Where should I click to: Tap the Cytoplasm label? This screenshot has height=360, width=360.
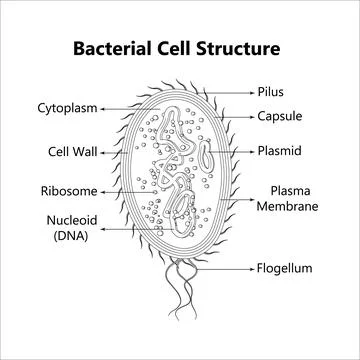pos(67,107)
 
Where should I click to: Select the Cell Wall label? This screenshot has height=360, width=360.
pos(71,152)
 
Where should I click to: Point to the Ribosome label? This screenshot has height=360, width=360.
pos(68,190)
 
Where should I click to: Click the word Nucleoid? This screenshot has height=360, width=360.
pos(71,219)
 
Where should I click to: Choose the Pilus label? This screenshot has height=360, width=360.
pos(270,91)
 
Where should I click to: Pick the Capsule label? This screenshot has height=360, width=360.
pos(279,117)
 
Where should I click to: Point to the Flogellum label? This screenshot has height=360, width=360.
pos(284,268)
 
